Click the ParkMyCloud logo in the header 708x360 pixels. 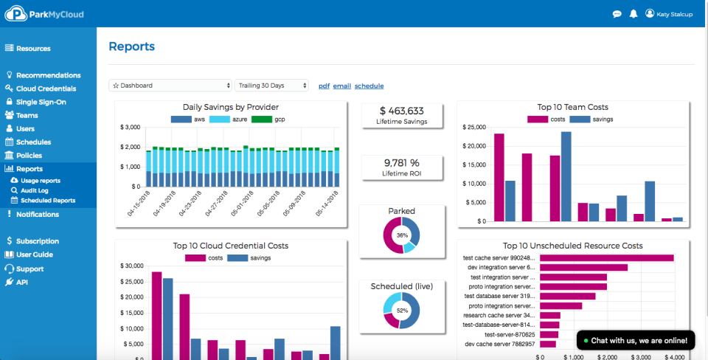coord(44,14)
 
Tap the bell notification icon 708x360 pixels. coord(634,13)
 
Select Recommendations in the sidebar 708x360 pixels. coord(49,75)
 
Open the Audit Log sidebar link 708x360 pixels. coord(35,190)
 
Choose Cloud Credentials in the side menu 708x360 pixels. coord(46,89)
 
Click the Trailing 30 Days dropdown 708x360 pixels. coord(271,86)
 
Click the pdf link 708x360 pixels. coord(324,86)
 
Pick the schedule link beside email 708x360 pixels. coord(369,86)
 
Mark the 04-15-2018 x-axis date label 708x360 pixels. coord(139,203)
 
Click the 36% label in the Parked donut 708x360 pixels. coord(402,235)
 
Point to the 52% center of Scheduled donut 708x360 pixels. coord(402,311)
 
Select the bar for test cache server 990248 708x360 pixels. coord(606,258)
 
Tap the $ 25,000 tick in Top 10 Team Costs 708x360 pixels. coord(474,128)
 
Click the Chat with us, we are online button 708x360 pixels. coord(635,341)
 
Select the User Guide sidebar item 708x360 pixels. coord(35,255)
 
